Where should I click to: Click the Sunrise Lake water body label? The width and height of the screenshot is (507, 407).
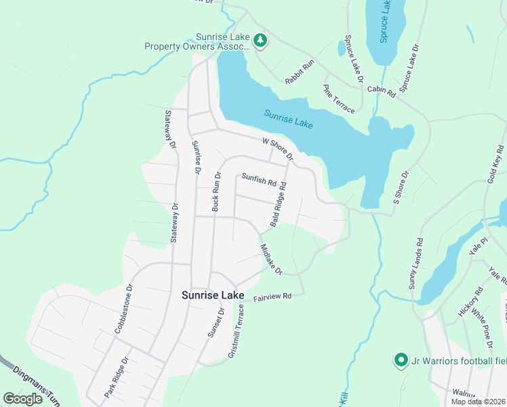pos(288,120)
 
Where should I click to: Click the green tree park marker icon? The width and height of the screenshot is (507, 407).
pos(260,41)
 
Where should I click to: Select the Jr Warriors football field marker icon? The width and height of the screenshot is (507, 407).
pos(401,360)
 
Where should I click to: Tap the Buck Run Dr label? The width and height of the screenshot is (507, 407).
pos(216,192)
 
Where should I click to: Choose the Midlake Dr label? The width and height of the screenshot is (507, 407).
pos(271,260)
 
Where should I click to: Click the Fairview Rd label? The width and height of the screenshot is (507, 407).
pos(272,297)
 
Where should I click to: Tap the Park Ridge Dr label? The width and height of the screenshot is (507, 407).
pos(115,378)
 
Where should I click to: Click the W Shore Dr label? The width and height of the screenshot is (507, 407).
pos(278,149)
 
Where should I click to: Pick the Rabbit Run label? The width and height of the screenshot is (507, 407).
pos(300,72)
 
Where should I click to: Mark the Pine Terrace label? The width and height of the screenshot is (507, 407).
pos(339,98)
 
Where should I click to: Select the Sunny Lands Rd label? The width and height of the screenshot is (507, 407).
pos(416,264)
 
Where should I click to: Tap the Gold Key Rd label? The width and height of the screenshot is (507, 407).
pos(494,170)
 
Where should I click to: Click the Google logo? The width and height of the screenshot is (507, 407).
pos(23,399)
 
